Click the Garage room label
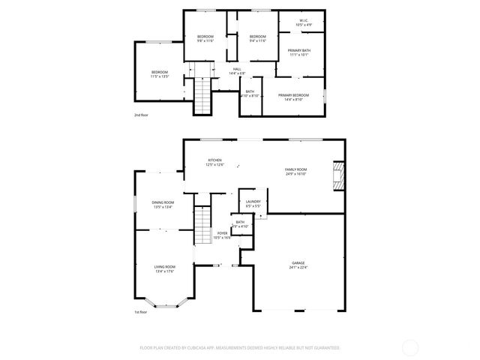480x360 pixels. [x=298, y=263]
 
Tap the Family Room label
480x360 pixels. [x=295, y=169]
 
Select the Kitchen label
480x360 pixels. [x=214, y=160]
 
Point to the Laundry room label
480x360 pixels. [x=253, y=201]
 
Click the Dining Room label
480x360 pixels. [x=163, y=202]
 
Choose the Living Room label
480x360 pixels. [x=164, y=267]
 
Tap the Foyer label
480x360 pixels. [x=222, y=233]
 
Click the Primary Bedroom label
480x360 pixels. [x=294, y=95]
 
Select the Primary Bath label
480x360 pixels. [x=299, y=50]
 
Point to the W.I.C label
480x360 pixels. [x=304, y=21]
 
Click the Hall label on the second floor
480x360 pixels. [x=236, y=69]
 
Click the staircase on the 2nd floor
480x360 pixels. [x=202, y=95]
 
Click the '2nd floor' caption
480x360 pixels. [x=141, y=115]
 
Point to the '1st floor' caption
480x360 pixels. [x=141, y=311]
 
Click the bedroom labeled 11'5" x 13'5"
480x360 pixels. [x=159, y=74]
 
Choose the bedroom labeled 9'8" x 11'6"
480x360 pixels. [x=205, y=39]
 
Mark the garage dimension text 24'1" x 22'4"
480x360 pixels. [x=298, y=267]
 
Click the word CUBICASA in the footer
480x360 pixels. [x=195, y=348]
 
